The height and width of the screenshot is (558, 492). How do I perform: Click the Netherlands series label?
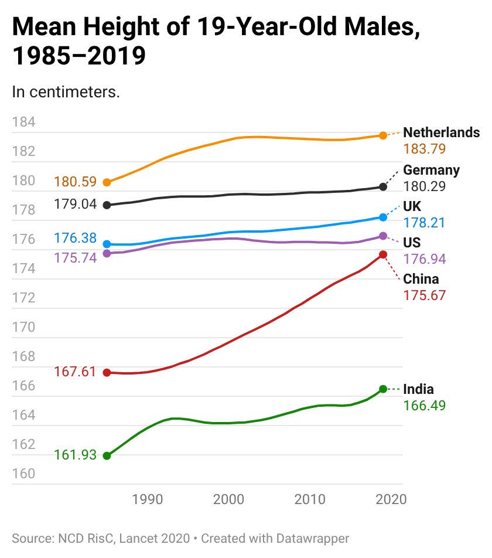click(x=441, y=132)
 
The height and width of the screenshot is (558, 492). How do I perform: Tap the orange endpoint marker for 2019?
click(x=383, y=135)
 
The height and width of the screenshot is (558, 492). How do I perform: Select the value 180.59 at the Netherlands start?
click(x=75, y=182)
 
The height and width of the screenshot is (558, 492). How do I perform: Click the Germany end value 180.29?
click(x=424, y=186)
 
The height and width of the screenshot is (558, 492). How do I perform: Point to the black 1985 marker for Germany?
click(x=107, y=205)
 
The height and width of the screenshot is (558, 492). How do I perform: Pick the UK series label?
click(x=412, y=206)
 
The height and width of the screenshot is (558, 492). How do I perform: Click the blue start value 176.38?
click(x=75, y=239)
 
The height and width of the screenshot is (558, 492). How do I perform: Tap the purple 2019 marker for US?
click(x=383, y=236)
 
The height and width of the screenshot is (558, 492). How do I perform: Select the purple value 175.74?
click(x=75, y=257)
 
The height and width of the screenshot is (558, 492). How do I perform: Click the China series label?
click(x=421, y=279)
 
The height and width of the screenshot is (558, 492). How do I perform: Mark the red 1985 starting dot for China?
click(x=107, y=373)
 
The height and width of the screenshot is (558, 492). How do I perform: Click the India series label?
click(x=418, y=389)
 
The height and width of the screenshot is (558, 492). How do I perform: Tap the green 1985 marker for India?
click(x=107, y=456)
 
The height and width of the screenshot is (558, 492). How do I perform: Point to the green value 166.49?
click(x=424, y=406)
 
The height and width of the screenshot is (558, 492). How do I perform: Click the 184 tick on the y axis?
click(x=24, y=123)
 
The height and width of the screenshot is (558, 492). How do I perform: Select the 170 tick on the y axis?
click(x=24, y=327)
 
